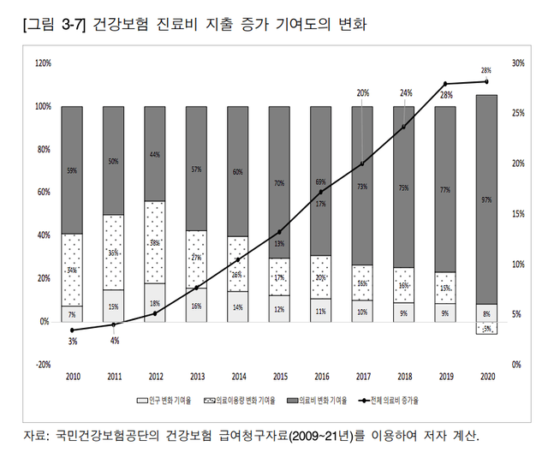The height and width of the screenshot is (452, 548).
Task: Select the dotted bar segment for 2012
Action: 155,242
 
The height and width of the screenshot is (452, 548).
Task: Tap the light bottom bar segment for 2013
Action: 197,305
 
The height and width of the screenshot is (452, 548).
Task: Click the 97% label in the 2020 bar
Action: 486,199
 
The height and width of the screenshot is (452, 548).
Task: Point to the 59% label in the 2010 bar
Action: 72,170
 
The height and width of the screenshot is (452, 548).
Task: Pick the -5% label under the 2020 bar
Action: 486,329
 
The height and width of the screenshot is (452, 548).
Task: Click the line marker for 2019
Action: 445,84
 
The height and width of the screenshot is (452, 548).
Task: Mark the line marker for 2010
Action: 72,330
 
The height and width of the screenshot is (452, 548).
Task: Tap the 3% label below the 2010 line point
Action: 72,342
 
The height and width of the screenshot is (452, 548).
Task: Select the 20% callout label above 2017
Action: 363,92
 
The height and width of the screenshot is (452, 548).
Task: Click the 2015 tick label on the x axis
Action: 280,376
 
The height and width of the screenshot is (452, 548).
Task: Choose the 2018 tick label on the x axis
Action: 404,376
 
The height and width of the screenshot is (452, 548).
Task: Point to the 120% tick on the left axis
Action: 43,63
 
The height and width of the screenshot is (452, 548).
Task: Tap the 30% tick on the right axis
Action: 517,63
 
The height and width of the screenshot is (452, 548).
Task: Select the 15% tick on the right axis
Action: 517,214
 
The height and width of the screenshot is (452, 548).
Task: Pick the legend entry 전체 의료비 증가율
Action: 396,400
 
